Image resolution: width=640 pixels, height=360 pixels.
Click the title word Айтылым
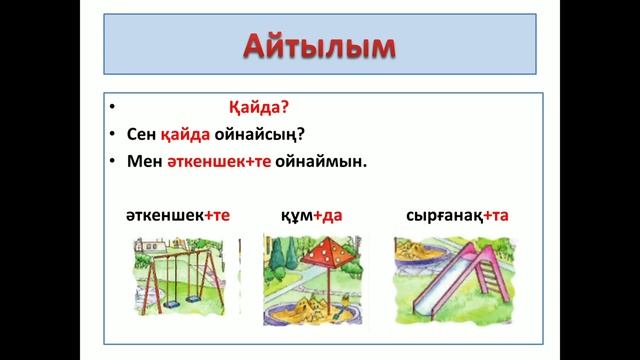pos(320,47)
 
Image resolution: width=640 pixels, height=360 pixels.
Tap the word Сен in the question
pos(142,134)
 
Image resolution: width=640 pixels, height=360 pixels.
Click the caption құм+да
pos(313,215)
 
